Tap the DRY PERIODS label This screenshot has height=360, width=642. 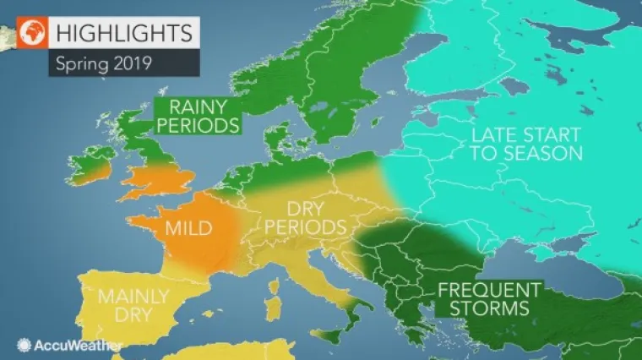pos(305,217)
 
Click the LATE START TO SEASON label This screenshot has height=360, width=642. pos(525,144)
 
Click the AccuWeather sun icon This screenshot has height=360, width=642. pos(24,345)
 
